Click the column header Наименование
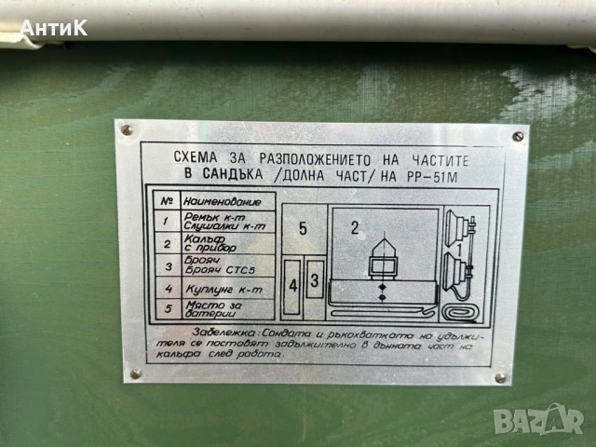tap(215, 200)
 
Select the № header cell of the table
tap(166, 200)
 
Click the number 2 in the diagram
tap(354, 226)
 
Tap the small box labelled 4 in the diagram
tap(293, 285)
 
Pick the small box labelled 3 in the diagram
tap(315, 279)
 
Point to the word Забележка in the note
tap(219, 332)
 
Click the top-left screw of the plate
tap(128, 129)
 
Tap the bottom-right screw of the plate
tap(500, 378)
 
